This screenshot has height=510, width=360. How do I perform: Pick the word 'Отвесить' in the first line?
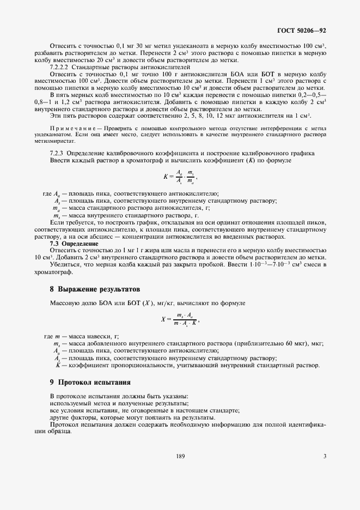coord(64,43)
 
